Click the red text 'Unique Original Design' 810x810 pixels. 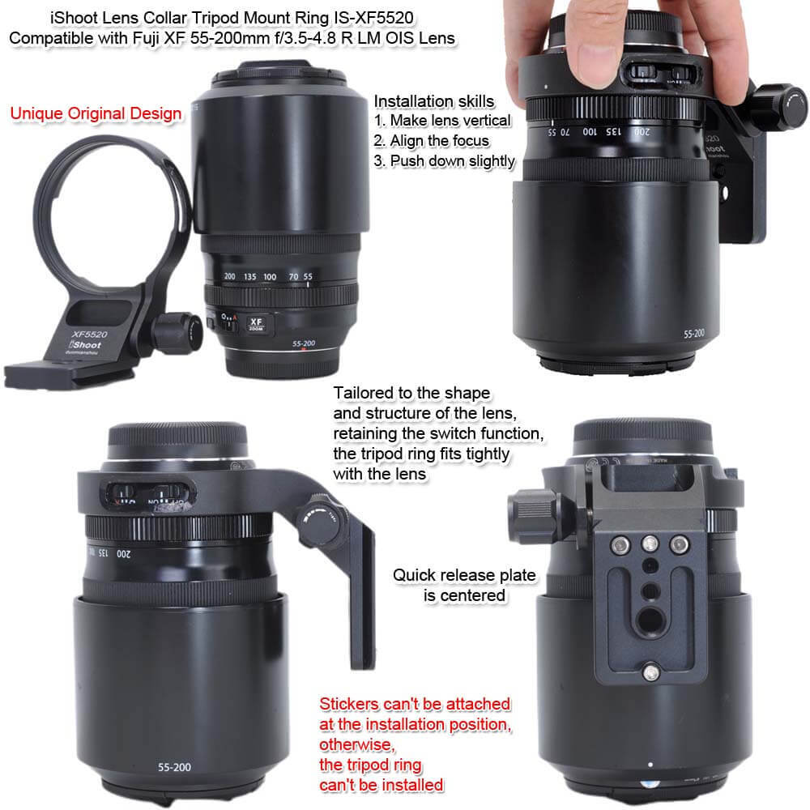tap(96, 113)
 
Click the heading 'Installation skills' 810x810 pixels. tap(434, 101)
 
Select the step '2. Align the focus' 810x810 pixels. tap(432, 140)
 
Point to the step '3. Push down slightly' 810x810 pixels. tap(444, 161)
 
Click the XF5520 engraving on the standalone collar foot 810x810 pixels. tap(89, 335)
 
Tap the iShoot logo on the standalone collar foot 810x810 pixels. tap(85, 344)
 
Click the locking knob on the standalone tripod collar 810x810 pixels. tap(178, 332)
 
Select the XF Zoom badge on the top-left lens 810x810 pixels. tap(256, 324)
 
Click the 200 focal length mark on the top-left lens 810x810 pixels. tap(230, 276)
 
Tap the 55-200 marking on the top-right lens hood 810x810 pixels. tap(694, 334)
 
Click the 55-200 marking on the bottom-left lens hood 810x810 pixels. tap(174, 767)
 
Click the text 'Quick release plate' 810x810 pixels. tap(464, 575)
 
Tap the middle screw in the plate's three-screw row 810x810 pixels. tap(650, 544)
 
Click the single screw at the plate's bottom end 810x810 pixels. tap(651, 672)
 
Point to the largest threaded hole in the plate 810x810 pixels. tap(650, 618)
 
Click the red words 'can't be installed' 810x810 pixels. tap(382, 785)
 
